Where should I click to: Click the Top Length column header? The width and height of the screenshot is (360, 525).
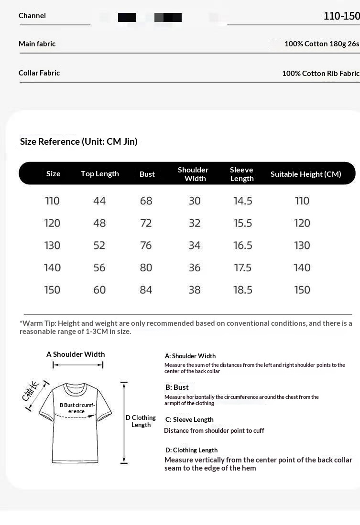(99, 174)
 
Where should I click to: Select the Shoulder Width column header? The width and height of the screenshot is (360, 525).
(193, 174)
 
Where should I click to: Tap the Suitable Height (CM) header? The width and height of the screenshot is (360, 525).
(305, 174)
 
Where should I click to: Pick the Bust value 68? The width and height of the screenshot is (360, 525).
(146, 201)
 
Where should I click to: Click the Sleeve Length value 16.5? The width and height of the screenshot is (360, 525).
(242, 246)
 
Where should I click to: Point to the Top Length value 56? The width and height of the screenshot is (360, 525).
(99, 268)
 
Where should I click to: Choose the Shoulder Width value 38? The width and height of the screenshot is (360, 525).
(195, 290)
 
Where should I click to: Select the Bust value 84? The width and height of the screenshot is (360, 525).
(146, 290)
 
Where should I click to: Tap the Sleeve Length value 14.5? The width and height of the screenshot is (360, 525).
(242, 201)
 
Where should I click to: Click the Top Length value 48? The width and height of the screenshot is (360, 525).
(99, 223)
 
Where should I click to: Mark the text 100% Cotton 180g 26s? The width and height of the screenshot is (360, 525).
(321, 44)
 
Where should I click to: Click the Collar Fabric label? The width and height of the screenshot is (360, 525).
(39, 73)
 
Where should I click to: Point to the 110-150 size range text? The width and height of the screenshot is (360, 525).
(341, 16)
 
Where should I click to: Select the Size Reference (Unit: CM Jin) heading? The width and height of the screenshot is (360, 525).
(78, 141)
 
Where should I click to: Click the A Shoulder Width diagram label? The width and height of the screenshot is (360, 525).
(76, 354)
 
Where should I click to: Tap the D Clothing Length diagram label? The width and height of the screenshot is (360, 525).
(141, 421)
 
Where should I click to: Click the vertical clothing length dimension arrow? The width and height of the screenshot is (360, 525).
(124, 423)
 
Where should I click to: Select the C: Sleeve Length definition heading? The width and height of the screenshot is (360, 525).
(189, 419)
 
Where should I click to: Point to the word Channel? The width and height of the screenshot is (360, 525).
(32, 16)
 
